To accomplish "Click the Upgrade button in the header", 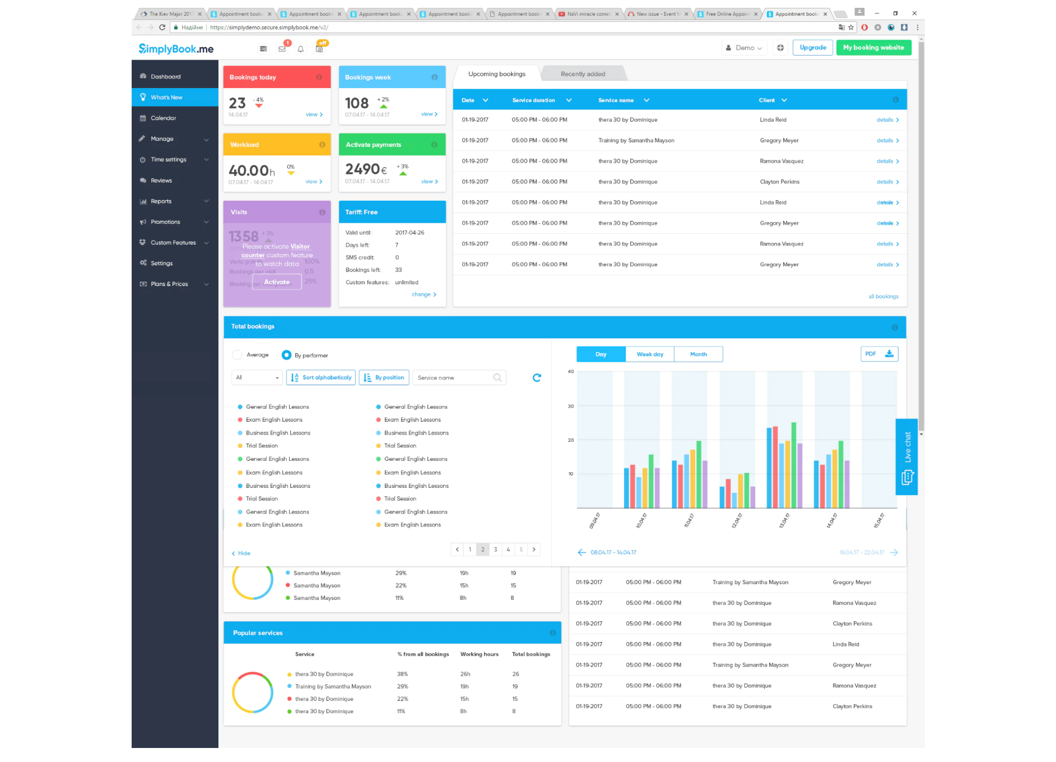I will [x=812, y=48].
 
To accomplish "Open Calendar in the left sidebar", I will [x=163, y=118].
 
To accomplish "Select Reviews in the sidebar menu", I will [x=161, y=181].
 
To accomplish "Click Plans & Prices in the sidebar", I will [x=169, y=284].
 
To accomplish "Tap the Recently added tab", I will [x=583, y=74].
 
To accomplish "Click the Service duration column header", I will [x=533, y=100].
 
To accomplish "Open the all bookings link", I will [x=883, y=297].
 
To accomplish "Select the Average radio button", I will [x=237, y=355].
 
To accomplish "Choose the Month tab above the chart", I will [x=698, y=354].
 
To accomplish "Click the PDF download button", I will [x=879, y=354].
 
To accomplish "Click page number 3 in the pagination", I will [x=495, y=549].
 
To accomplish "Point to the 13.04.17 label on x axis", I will [x=784, y=520].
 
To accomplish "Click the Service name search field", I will [x=454, y=378].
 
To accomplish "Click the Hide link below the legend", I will [x=241, y=553].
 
